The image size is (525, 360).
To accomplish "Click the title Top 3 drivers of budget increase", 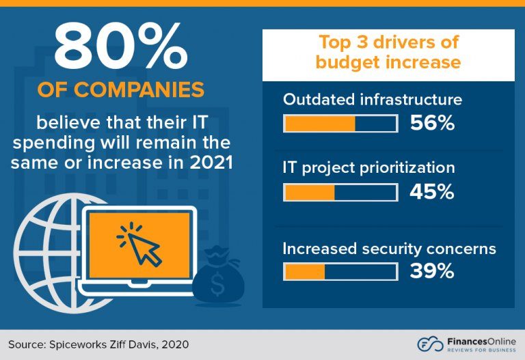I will coord(389,52).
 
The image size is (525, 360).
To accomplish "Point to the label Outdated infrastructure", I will coord(373,99).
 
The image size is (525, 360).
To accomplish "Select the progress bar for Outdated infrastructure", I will coord(340,124).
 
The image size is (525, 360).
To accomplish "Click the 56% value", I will coord(432,123).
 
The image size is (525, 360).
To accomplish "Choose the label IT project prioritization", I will coord(368,167).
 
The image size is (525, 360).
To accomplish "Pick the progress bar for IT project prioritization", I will coord(340,193).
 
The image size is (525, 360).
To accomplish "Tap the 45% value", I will coord(432,193).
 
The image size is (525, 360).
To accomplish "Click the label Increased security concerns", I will coord(389,248).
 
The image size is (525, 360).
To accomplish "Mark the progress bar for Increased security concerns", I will coord(340,272).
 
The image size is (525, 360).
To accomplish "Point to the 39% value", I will coord(432,271).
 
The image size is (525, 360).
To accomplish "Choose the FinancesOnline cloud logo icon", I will coord(429,344).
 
